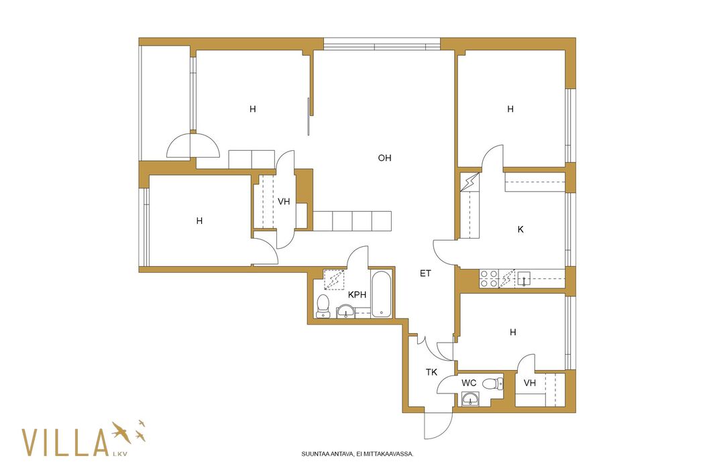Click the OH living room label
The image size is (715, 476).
point(384,158)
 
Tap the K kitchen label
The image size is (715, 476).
point(520,229)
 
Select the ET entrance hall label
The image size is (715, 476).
point(425,274)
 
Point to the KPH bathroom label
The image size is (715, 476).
point(357,294)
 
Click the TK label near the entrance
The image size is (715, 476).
point(431,372)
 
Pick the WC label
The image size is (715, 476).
point(469,383)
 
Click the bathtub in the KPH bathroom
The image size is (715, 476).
point(381,294)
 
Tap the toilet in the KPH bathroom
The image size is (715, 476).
point(323,306)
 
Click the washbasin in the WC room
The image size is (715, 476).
point(470,400)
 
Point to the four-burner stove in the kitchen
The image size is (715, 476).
point(489,279)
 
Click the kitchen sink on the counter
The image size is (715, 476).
point(523,278)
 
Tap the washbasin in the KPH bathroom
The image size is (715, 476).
point(346,312)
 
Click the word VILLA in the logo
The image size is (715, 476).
point(65,442)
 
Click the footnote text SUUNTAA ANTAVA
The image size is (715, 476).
point(327,454)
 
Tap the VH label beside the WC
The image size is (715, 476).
point(529,383)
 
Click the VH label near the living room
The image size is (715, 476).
point(284,202)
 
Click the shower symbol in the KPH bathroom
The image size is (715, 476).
point(334,280)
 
